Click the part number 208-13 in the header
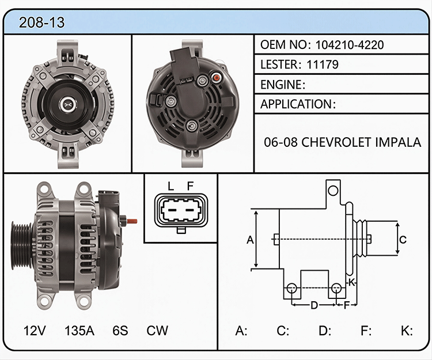click(41, 22)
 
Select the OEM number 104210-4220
click(350, 44)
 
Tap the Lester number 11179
click(323, 65)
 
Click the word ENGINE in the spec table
click(281, 85)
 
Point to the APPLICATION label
click(296, 104)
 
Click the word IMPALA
click(398, 142)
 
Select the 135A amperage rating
click(79, 331)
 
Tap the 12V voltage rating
click(35, 331)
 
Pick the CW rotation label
click(157, 331)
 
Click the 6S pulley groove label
click(120, 331)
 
